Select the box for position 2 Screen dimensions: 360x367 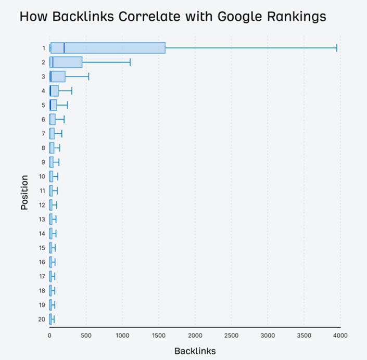66,62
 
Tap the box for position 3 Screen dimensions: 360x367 58,76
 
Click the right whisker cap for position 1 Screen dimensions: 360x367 337,48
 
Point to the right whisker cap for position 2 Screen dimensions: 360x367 130,62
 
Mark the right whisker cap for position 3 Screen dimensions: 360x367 89,76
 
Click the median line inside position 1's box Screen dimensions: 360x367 64,48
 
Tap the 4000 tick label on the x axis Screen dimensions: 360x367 340,336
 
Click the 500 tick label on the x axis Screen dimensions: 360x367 86,336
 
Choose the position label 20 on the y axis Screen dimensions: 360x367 42,319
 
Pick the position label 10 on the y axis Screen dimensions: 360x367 42,176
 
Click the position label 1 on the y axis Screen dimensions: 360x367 44,48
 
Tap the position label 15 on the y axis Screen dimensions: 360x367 42,248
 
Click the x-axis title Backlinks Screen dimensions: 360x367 195,351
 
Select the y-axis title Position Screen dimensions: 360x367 24,192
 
